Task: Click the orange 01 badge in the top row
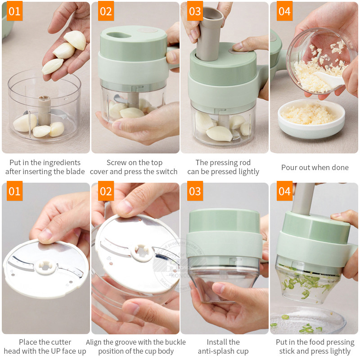pos(14,11)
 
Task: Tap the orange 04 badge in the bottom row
pos(284,191)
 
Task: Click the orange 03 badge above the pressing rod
pos(195,11)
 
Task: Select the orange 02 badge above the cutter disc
pos(106,191)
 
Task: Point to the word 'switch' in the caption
pos(166,171)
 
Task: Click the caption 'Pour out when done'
pos(315,167)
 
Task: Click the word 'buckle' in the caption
pos(175,342)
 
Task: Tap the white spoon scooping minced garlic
pos(329,79)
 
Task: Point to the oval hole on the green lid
pos(119,35)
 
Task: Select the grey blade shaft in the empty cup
pos(44,110)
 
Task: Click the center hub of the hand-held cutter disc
pos(45,267)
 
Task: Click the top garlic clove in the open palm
pos(75,40)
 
